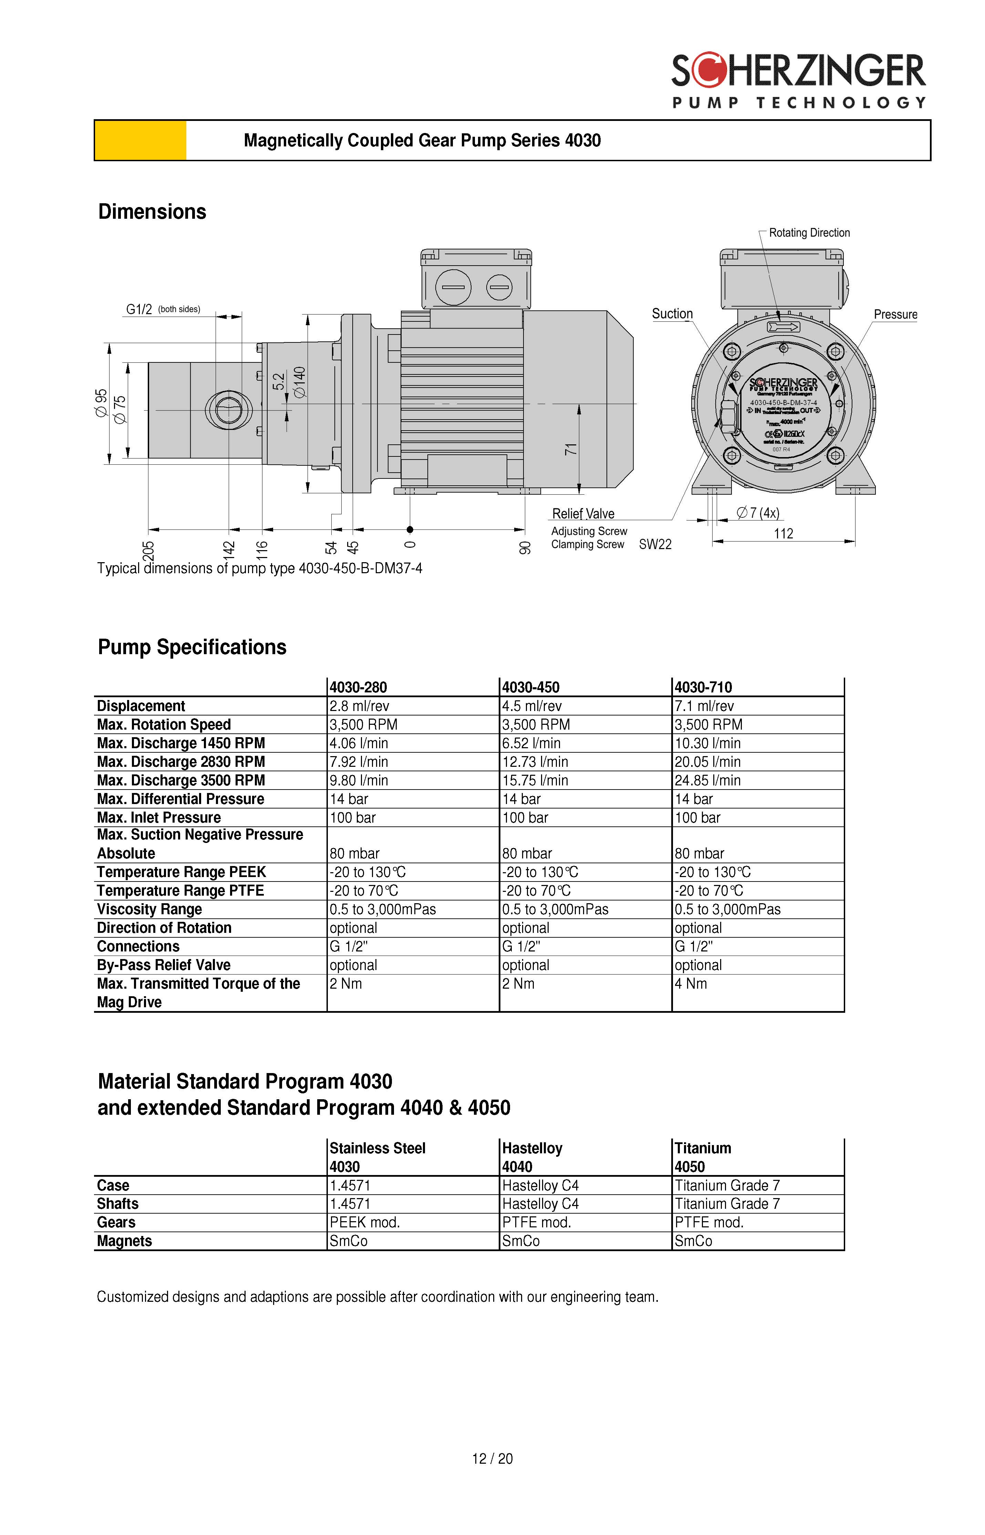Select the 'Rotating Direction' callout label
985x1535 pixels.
(809, 233)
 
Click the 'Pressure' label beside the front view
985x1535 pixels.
(895, 314)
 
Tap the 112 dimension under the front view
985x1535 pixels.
(784, 533)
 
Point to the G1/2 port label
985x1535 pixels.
(139, 310)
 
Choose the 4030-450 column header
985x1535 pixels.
(530, 688)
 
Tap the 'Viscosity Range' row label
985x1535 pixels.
(149, 909)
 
